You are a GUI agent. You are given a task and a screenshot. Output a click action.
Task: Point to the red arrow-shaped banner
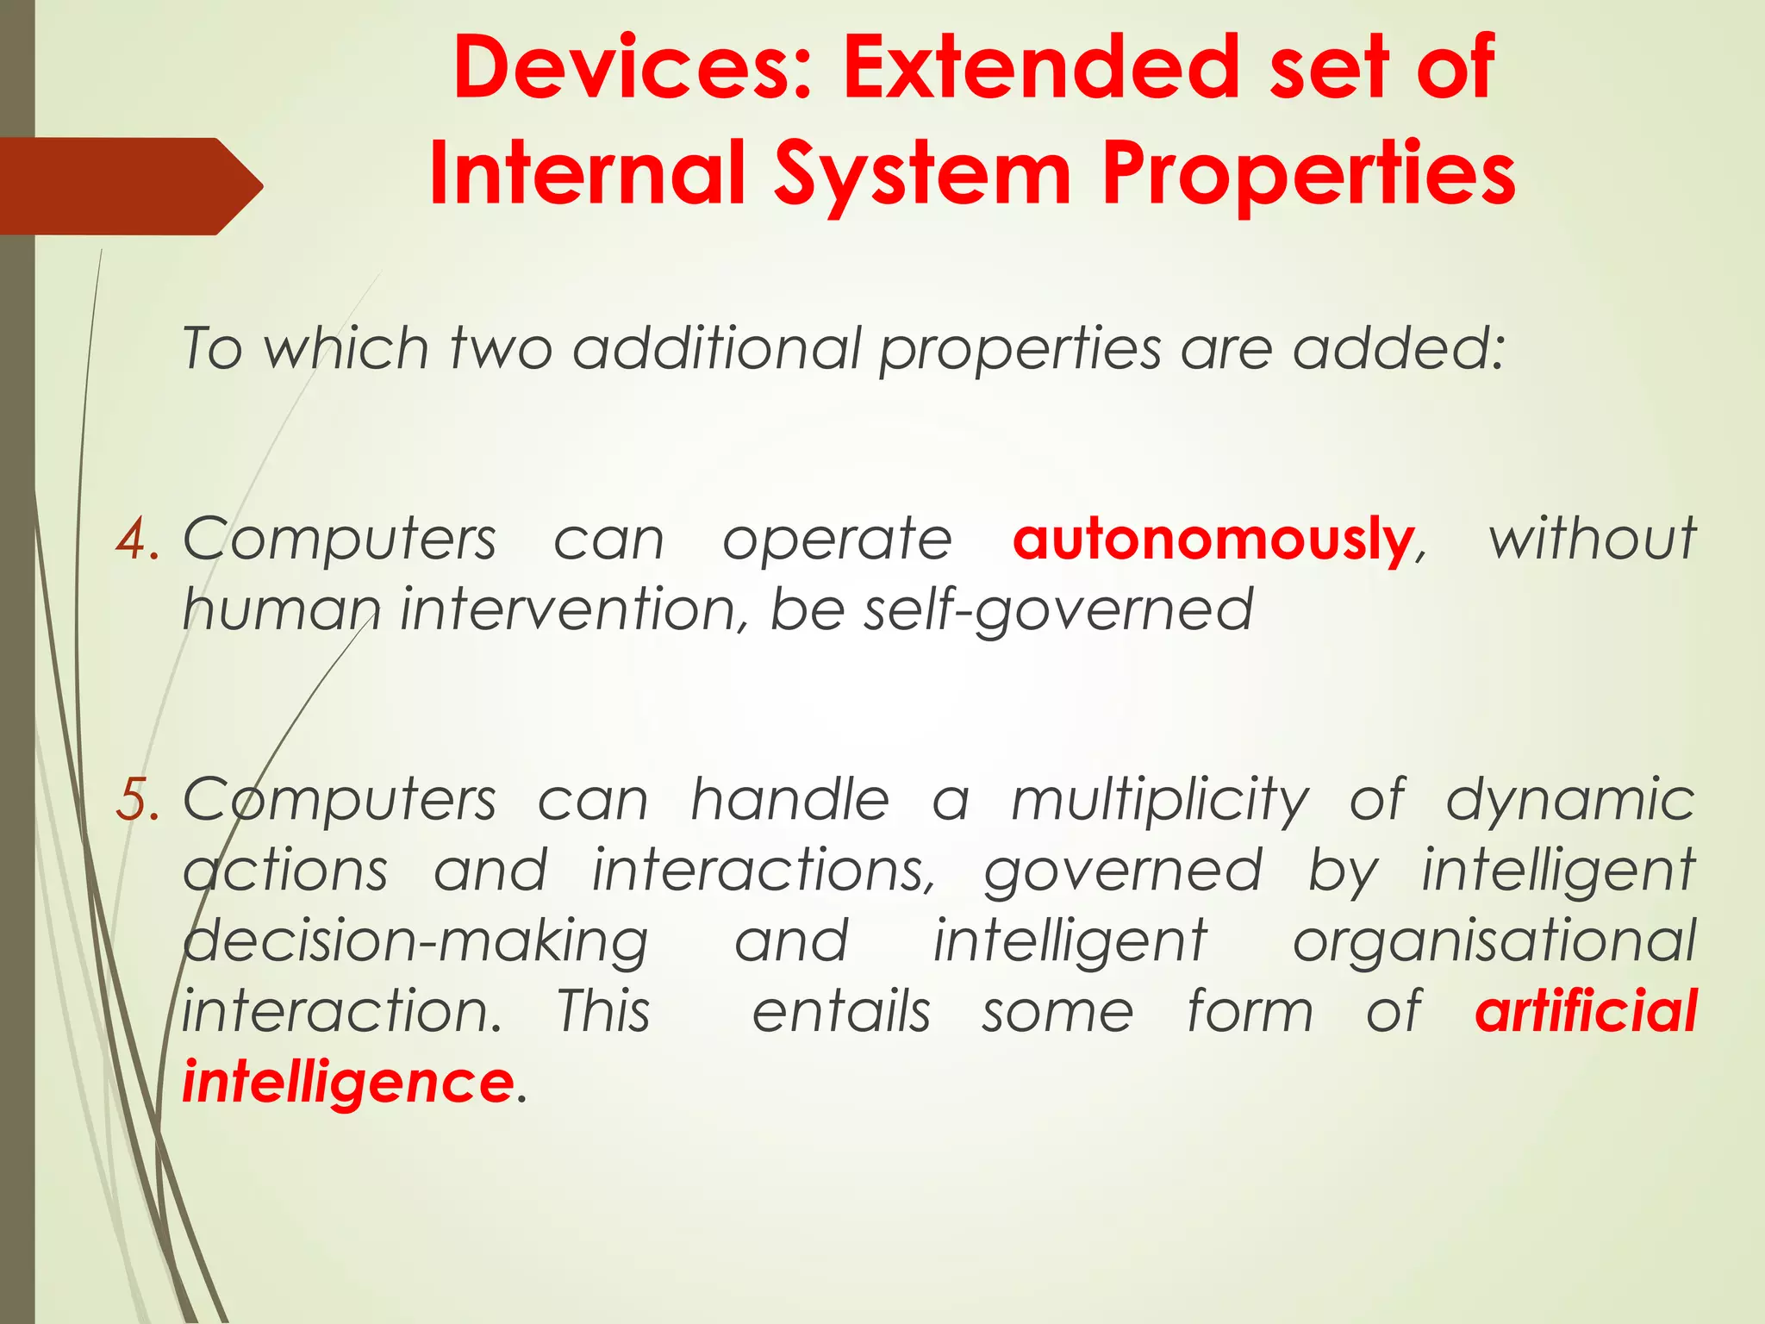coord(129,185)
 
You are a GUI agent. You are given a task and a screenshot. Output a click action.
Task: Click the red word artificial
coord(1586,1011)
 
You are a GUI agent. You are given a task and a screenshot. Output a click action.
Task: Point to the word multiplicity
coord(1160,800)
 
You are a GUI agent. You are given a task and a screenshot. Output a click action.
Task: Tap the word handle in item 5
coord(789,800)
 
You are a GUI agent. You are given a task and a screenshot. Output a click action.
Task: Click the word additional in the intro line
coord(717,349)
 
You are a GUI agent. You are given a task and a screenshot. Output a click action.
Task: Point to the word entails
coord(841,1011)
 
